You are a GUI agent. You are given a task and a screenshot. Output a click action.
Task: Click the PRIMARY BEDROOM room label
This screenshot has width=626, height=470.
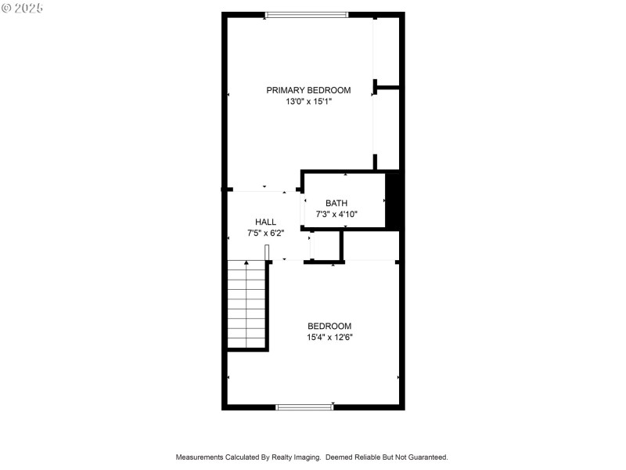pyautogui.click(x=308, y=90)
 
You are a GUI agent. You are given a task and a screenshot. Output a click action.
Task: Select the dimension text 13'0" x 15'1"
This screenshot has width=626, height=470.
pyautogui.click(x=308, y=101)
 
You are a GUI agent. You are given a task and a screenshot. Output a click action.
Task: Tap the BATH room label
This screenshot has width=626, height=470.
pyautogui.click(x=336, y=203)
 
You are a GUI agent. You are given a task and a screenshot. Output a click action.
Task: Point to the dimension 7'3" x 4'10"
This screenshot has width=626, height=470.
pyautogui.click(x=336, y=214)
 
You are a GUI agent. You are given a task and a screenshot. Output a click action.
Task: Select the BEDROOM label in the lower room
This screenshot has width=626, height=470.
pyautogui.click(x=329, y=326)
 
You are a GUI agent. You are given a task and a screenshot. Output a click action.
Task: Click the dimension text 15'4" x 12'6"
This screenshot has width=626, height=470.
pyautogui.click(x=329, y=338)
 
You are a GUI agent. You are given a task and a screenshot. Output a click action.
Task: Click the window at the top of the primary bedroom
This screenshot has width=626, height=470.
pyautogui.click(x=307, y=14)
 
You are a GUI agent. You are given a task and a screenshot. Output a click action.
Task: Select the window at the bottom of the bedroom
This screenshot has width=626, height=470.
pyautogui.click(x=304, y=407)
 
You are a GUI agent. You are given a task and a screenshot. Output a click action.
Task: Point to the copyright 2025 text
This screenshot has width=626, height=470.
pyautogui.click(x=23, y=8)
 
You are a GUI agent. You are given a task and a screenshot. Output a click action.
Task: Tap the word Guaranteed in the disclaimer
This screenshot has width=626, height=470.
pyautogui.click(x=426, y=457)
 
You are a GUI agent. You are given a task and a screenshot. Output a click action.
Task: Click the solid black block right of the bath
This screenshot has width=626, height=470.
pyautogui.click(x=394, y=201)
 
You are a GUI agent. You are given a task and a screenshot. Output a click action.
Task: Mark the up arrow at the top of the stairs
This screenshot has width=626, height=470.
pyautogui.click(x=246, y=264)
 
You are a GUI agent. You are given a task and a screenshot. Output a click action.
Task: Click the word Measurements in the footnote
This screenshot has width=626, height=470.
pyautogui.click(x=200, y=457)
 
